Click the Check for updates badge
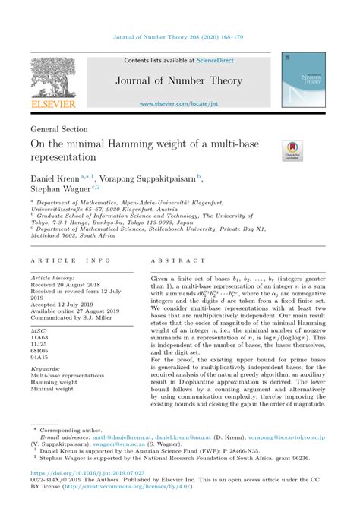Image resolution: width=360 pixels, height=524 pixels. point(292,151)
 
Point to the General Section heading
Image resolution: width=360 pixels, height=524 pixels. point(59,129)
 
